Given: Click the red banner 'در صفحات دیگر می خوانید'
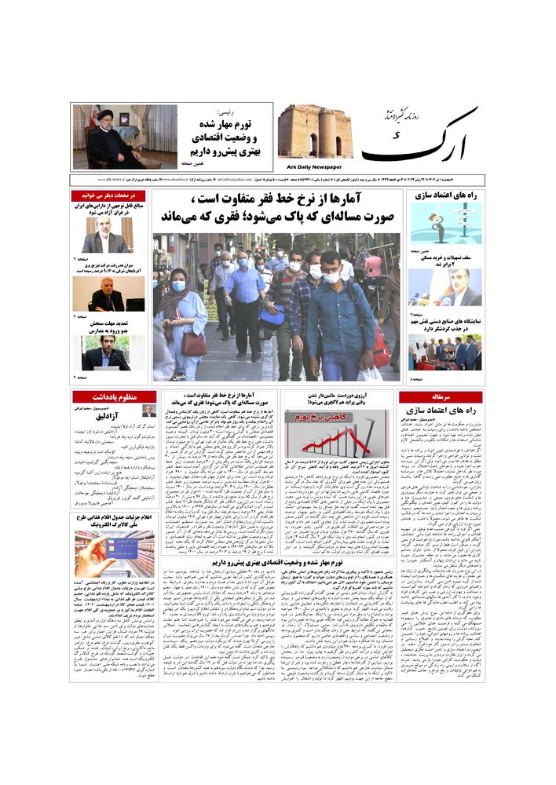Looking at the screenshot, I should pyautogui.click(x=109, y=195).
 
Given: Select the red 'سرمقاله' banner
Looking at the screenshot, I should pyautogui.click(x=440, y=397).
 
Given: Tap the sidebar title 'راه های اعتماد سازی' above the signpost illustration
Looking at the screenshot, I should pyautogui.click(x=445, y=195).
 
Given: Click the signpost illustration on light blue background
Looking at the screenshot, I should pyautogui.click(x=444, y=224).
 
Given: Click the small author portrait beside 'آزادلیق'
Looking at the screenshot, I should pyautogui.click(x=148, y=411).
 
